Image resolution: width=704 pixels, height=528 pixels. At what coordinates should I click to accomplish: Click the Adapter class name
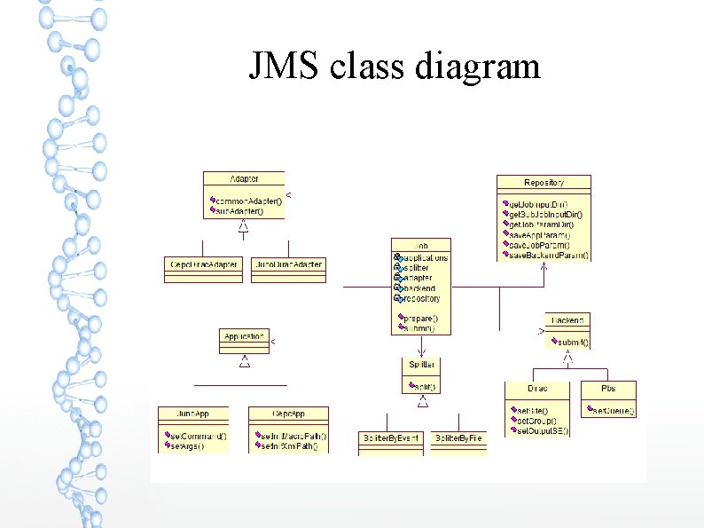pos(244,179)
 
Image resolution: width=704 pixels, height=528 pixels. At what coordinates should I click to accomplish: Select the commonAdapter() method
pos(249,201)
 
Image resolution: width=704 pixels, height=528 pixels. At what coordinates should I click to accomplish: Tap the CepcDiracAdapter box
pos(203,264)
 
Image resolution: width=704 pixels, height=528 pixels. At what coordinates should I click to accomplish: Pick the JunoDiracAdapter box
pos(288,264)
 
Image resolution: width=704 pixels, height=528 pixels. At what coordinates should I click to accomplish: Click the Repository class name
pos(544,182)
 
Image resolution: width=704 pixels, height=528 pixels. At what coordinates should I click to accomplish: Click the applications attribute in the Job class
pos(425,257)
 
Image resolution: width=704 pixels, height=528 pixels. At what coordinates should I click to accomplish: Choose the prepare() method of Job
pos(421,318)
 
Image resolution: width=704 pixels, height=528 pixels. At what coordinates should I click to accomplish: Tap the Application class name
pos(244,337)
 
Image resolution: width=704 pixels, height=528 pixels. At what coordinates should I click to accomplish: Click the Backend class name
pos(567,319)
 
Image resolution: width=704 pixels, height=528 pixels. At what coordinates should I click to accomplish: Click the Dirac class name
pos(537,389)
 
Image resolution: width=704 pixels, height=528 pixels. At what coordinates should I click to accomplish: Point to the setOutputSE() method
pos(541,430)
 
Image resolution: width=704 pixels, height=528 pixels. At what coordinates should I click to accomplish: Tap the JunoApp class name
pos(193,414)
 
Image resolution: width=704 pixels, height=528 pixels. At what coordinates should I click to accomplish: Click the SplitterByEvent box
pos(390,438)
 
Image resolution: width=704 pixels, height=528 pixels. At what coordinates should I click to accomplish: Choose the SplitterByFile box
pos(458,438)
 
